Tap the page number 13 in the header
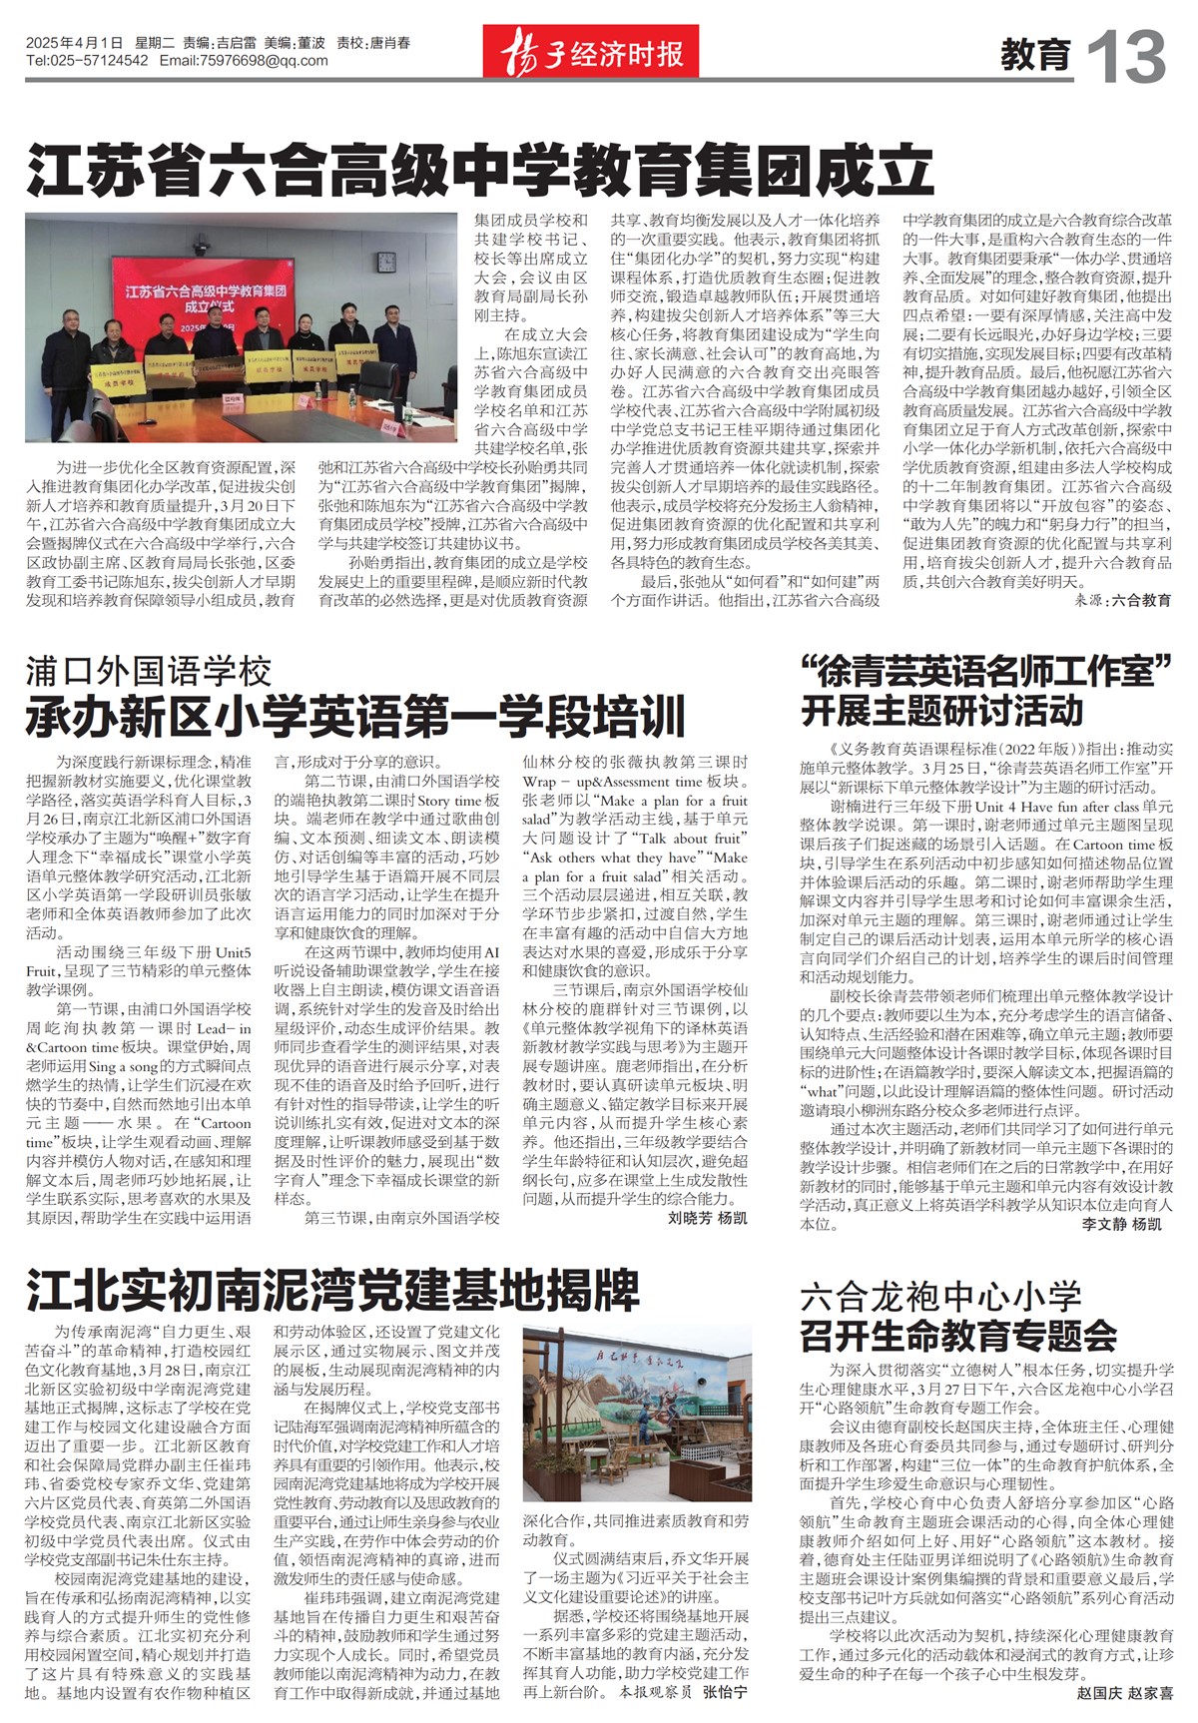(1125, 57)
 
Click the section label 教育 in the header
(1035, 55)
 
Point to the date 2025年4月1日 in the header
(75, 43)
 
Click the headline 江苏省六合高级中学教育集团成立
(479, 171)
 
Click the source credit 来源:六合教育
(1123, 601)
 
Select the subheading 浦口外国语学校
(149, 671)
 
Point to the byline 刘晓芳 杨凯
(707, 1218)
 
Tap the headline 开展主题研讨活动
(941, 711)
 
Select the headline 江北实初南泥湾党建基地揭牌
(331, 1291)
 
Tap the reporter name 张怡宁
(724, 1693)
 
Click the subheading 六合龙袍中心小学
(940, 1297)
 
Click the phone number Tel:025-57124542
(88, 61)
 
